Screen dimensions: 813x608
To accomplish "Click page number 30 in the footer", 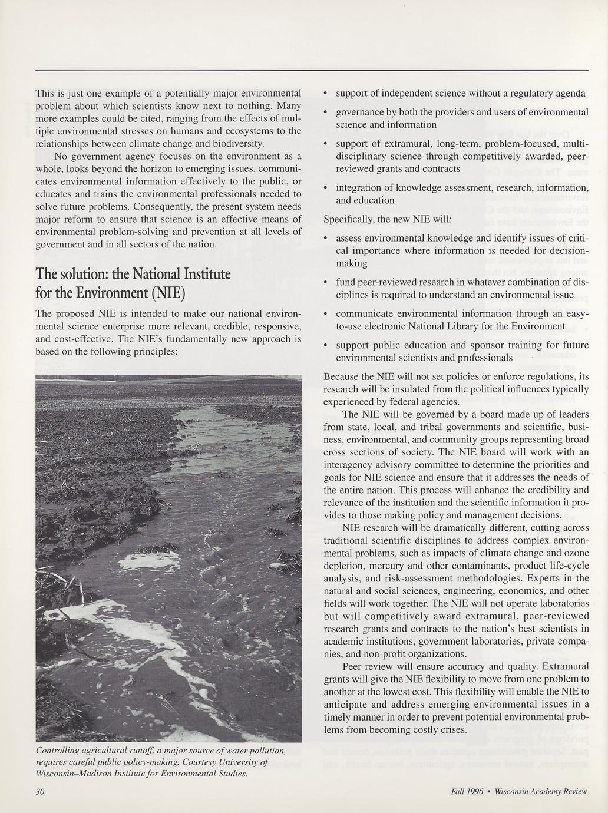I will pos(40,791).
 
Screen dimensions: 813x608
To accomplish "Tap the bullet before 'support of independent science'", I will pos(326,94).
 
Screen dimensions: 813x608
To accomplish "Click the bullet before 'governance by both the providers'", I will pos(326,113).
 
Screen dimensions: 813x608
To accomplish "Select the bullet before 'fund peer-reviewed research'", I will pos(326,283).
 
